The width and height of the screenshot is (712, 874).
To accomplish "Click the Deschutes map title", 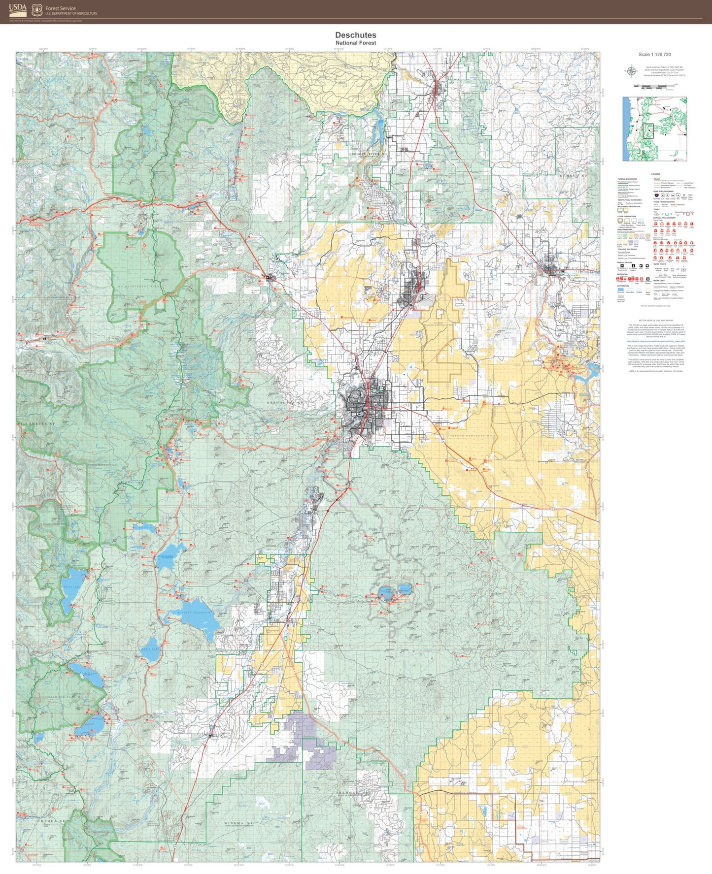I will click(x=355, y=35).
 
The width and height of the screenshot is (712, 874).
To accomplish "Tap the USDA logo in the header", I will click(x=18, y=9).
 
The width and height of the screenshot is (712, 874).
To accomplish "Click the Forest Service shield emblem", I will click(x=36, y=10).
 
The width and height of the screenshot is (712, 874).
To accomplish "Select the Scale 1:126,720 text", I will click(x=654, y=55).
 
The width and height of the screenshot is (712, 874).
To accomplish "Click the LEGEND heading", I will click(x=655, y=174).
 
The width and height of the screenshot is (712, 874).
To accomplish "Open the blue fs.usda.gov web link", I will click(x=656, y=341).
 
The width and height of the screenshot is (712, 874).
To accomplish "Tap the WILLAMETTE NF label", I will click(x=35, y=423).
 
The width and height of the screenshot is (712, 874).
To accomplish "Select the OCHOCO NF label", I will click(x=574, y=175).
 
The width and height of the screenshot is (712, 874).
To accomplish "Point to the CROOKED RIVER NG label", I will click(x=368, y=154).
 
